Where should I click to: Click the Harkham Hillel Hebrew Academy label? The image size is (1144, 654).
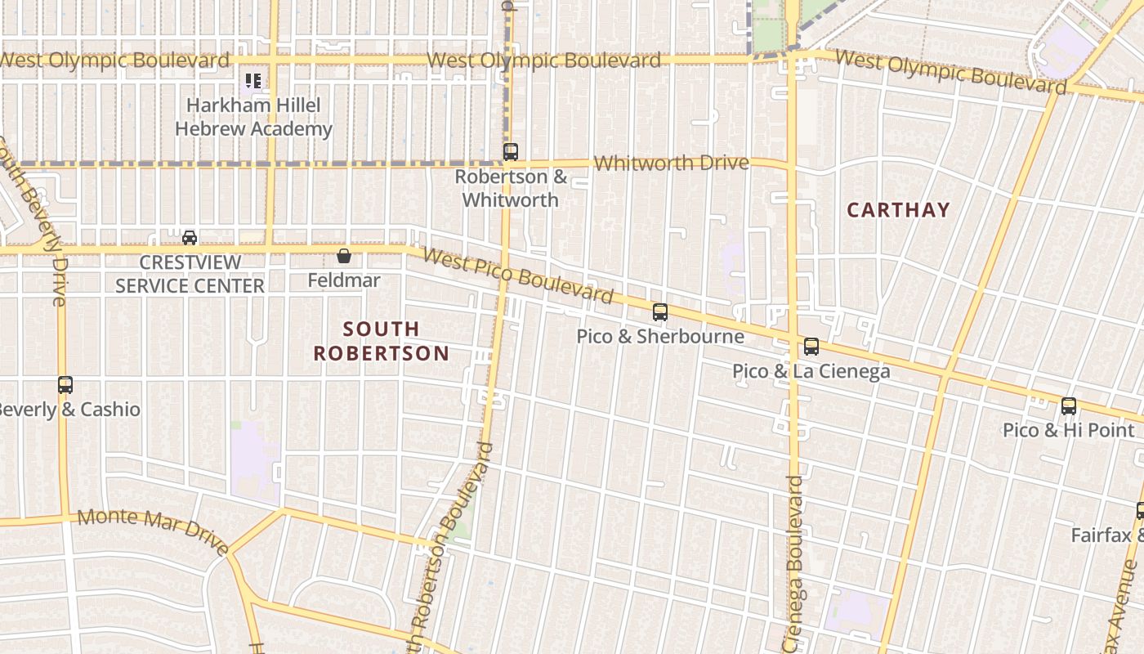pyautogui.click(x=253, y=117)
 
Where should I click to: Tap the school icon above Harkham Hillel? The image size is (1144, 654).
pyautogui.click(x=253, y=81)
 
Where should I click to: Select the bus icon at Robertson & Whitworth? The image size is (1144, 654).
pyautogui.click(x=511, y=151)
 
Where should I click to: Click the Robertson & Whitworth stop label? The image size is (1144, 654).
pyautogui.click(x=511, y=188)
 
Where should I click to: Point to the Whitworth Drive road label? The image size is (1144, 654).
pyautogui.click(x=671, y=163)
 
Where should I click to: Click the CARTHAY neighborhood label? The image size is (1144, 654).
pyautogui.click(x=898, y=210)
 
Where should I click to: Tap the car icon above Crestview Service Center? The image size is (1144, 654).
pyautogui.click(x=190, y=238)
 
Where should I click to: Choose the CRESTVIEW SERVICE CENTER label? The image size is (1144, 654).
pyautogui.click(x=190, y=274)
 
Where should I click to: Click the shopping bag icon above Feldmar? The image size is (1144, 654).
pyautogui.click(x=344, y=256)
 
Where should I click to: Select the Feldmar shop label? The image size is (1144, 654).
pyautogui.click(x=344, y=280)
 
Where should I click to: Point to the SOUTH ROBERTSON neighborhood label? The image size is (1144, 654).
pyautogui.click(x=382, y=341)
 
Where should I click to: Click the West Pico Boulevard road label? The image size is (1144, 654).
pyautogui.click(x=518, y=276)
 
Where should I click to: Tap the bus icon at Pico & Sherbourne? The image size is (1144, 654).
pyautogui.click(x=660, y=311)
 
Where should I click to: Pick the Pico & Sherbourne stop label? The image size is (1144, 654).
pyautogui.click(x=660, y=336)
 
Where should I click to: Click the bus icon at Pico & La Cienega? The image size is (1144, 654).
pyautogui.click(x=811, y=346)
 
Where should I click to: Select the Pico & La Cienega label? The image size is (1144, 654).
pyautogui.click(x=811, y=371)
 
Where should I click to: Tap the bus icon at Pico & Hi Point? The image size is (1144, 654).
pyautogui.click(x=1069, y=405)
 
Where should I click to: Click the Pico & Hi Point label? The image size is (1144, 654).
pyautogui.click(x=1069, y=430)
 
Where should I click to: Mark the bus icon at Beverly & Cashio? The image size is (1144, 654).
pyautogui.click(x=65, y=384)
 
